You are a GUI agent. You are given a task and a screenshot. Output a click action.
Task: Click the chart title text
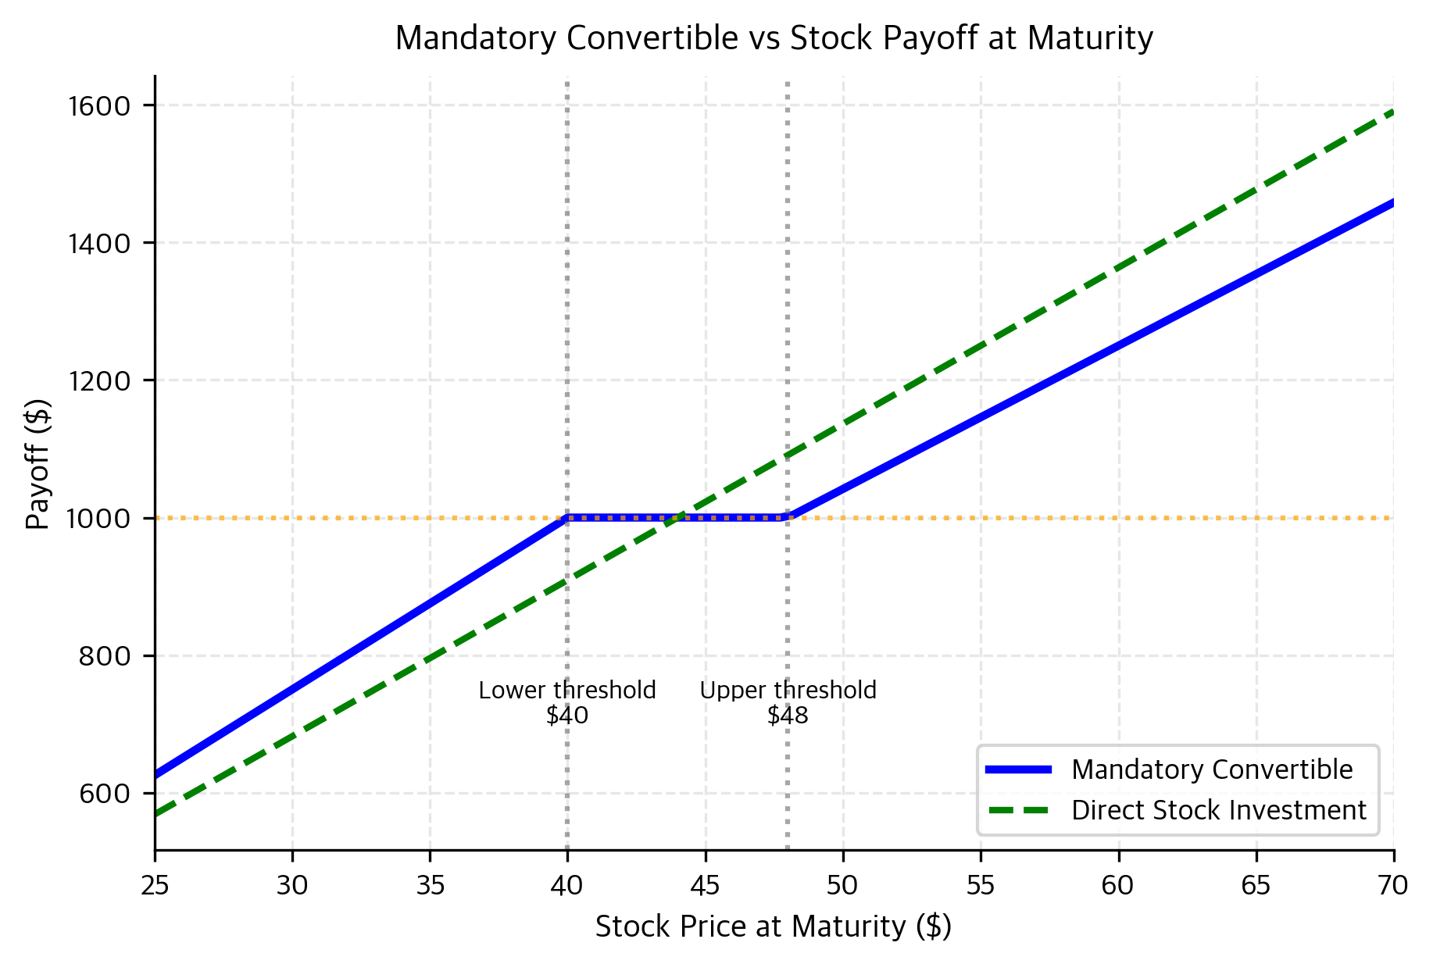click(774, 38)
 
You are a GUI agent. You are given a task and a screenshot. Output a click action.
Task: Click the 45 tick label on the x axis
click(705, 885)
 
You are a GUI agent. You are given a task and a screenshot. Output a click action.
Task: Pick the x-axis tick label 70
click(1393, 885)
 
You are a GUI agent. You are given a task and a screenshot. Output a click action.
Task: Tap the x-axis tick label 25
click(155, 885)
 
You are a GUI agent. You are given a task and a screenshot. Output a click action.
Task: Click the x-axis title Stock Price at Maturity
click(774, 927)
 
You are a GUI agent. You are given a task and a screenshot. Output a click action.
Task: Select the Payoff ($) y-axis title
click(38, 464)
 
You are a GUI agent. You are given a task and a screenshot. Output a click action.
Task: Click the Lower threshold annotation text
click(567, 691)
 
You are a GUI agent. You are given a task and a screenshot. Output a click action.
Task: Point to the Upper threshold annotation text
click(788, 691)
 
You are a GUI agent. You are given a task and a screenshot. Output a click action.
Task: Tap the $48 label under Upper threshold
click(788, 716)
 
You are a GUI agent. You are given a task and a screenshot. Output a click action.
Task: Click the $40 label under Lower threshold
click(567, 716)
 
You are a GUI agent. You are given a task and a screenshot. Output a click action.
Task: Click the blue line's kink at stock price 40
click(567, 517)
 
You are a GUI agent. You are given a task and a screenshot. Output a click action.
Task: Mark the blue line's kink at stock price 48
click(788, 517)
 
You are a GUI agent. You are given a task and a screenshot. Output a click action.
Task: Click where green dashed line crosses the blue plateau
click(677, 517)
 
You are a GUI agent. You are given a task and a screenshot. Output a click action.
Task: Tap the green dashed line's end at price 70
click(1393, 112)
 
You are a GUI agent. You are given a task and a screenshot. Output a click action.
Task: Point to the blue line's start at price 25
click(155, 776)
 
